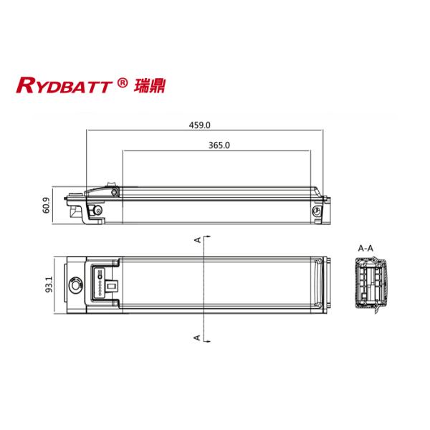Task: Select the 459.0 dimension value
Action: tap(200, 125)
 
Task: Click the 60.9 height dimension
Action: tap(47, 206)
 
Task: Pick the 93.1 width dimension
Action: tap(47, 285)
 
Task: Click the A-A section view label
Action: tap(365, 248)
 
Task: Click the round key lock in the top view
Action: tap(74, 286)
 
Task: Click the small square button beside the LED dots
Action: tap(112, 285)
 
